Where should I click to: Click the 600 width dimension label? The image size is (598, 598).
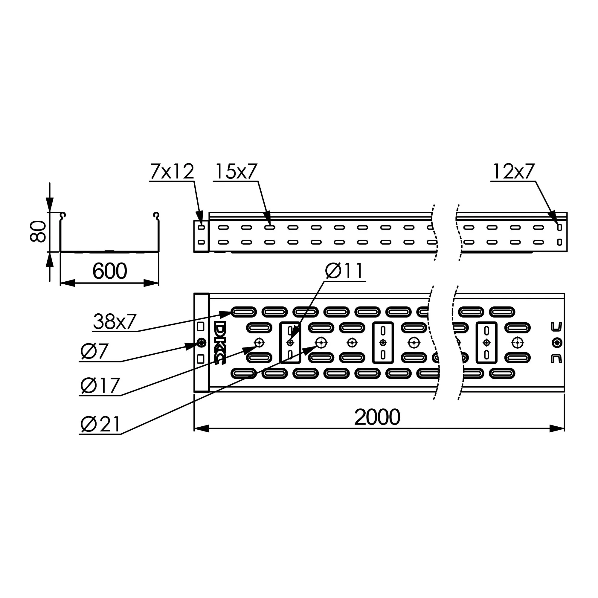109,271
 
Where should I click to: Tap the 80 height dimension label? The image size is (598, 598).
38,231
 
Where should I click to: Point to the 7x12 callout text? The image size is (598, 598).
172,171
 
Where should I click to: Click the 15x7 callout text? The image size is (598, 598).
236,171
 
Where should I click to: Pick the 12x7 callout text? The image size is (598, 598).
513,171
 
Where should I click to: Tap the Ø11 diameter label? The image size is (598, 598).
344,271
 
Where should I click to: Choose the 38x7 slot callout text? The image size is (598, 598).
115,321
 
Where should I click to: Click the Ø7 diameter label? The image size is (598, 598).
94,351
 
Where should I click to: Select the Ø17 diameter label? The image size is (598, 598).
100,386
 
